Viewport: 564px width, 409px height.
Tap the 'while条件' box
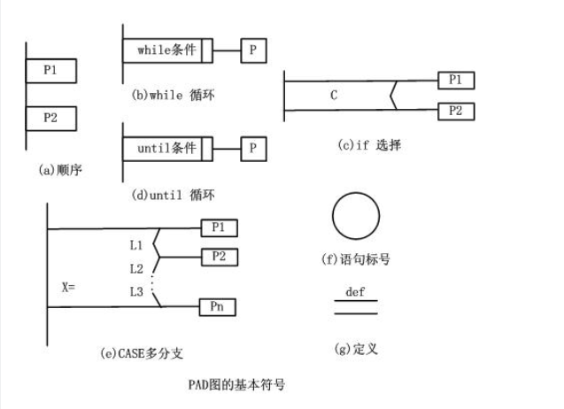pos(166,50)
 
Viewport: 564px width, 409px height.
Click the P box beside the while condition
pos(252,50)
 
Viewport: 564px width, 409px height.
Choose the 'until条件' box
pos(166,148)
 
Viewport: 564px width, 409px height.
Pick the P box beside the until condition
pos(252,148)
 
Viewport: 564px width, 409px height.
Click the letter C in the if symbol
pos(334,95)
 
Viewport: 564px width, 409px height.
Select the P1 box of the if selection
pos(456,81)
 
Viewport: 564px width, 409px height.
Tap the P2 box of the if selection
pos(456,111)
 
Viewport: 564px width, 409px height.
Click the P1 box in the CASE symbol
pos(220,228)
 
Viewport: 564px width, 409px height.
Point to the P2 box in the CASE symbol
pos(220,257)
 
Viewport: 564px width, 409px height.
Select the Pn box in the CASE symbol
pos(220,306)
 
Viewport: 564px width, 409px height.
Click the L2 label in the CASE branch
pos(136,267)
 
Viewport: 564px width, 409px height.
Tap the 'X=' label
pos(70,288)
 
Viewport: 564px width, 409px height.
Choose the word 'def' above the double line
pos(355,291)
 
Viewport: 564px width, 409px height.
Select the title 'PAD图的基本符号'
pos(237,385)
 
